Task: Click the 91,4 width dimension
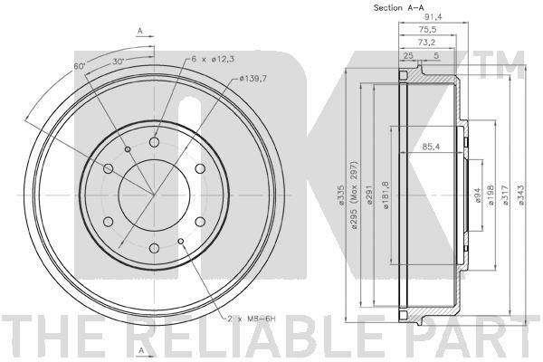pyautogui.click(x=433, y=17)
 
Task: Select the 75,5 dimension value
pyautogui.click(x=427, y=30)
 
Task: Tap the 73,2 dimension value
pyautogui.click(x=426, y=43)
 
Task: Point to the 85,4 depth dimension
pyautogui.click(x=431, y=147)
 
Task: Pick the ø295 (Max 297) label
pyautogui.click(x=354, y=195)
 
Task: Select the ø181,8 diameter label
pyautogui.click(x=386, y=195)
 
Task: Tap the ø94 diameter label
pyautogui.click(x=477, y=195)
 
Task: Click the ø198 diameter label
pyautogui.click(x=491, y=195)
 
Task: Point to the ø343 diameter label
pyautogui.click(x=521, y=195)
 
